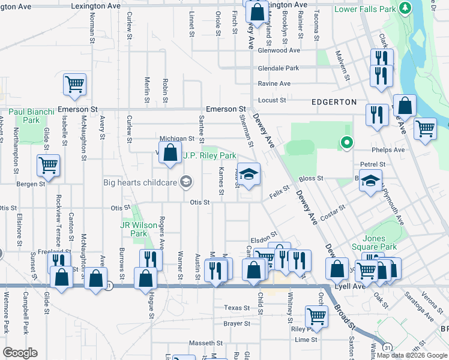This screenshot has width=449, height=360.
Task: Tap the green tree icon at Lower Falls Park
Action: tap(405, 8)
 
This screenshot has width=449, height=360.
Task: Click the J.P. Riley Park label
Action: tap(209, 155)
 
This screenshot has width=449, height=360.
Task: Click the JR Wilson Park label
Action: tap(134, 229)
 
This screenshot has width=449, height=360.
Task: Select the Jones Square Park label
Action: tap(379, 242)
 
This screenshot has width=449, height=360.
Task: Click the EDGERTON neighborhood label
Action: tap(333, 102)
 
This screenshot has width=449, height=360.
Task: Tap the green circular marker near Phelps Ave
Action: tap(346, 143)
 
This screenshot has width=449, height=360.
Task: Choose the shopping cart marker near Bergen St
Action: tap(48, 165)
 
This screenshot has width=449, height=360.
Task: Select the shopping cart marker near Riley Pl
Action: tap(316, 316)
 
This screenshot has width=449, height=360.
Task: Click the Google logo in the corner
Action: tap(20, 353)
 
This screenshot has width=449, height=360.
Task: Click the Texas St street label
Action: tap(237, 308)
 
